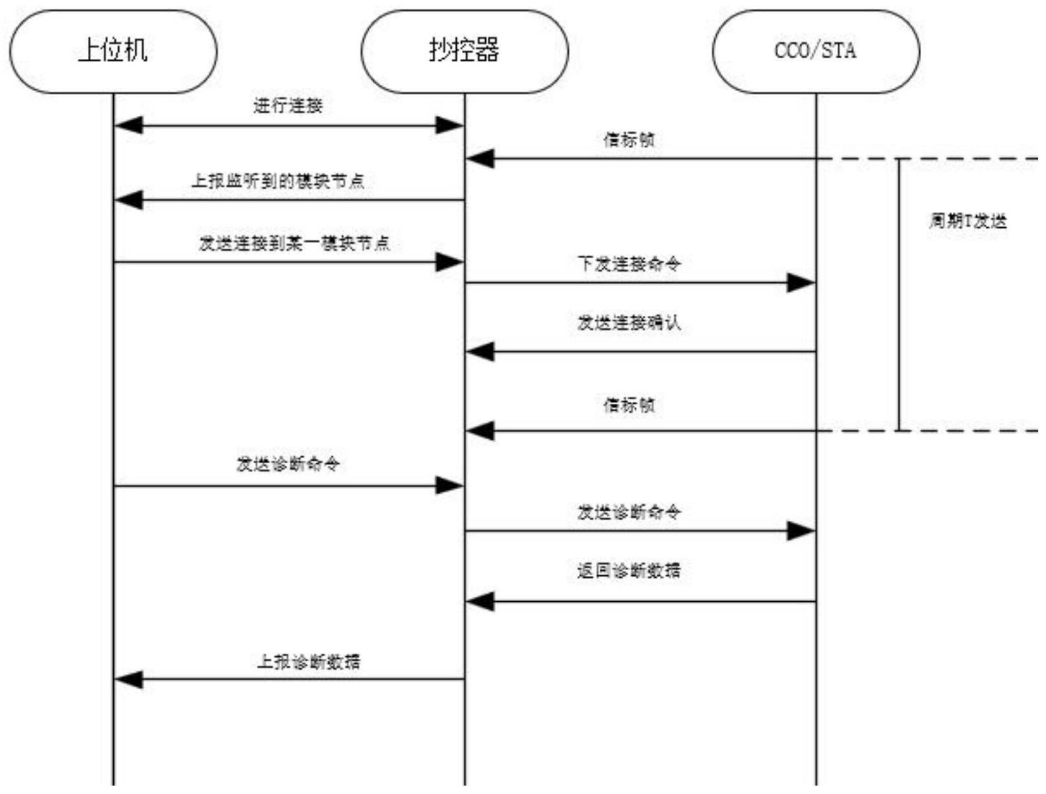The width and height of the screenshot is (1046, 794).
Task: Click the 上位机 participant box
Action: pyautogui.click(x=113, y=51)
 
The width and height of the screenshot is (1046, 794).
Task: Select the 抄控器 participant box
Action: pyautogui.click(x=464, y=51)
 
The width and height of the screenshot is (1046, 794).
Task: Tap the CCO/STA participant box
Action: pyautogui.click(x=816, y=51)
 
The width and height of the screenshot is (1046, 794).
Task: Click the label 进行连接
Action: pyautogui.click(x=288, y=105)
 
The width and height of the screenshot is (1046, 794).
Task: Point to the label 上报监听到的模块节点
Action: pyautogui.click(x=278, y=181)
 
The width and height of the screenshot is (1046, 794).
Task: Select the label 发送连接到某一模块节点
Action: pyautogui.click(x=294, y=243)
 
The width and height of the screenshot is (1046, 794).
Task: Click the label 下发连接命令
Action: pyautogui.click(x=629, y=263)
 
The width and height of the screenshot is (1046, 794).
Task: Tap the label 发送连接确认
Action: pyautogui.click(x=629, y=322)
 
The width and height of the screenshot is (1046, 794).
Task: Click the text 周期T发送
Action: pyautogui.click(x=968, y=221)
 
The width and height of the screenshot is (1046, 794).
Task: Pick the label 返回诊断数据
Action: pyautogui.click(x=629, y=571)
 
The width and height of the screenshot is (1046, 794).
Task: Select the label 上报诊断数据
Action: pyautogui.click(x=309, y=661)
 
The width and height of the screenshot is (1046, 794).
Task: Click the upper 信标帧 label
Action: pyautogui.click(x=629, y=140)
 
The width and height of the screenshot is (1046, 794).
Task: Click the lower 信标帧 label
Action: pyautogui.click(x=629, y=405)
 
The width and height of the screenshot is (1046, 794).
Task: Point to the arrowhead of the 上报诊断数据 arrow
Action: pyautogui.click(x=128, y=679)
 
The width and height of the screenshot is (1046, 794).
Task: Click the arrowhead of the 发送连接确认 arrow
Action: pyautogui.click(x=480, y=352)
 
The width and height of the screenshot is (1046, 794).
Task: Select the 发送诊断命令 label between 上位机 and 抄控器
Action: pyautogui.click(x=288, y=464)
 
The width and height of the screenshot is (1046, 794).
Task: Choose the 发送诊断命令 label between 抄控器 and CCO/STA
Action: pyautogui.click(x=629, y=513)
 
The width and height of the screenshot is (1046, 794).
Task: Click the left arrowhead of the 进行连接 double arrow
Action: pyautogui.click(x=128, y=126)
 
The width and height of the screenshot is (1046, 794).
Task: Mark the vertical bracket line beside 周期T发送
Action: pyautogui.click(x=899, y=294)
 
